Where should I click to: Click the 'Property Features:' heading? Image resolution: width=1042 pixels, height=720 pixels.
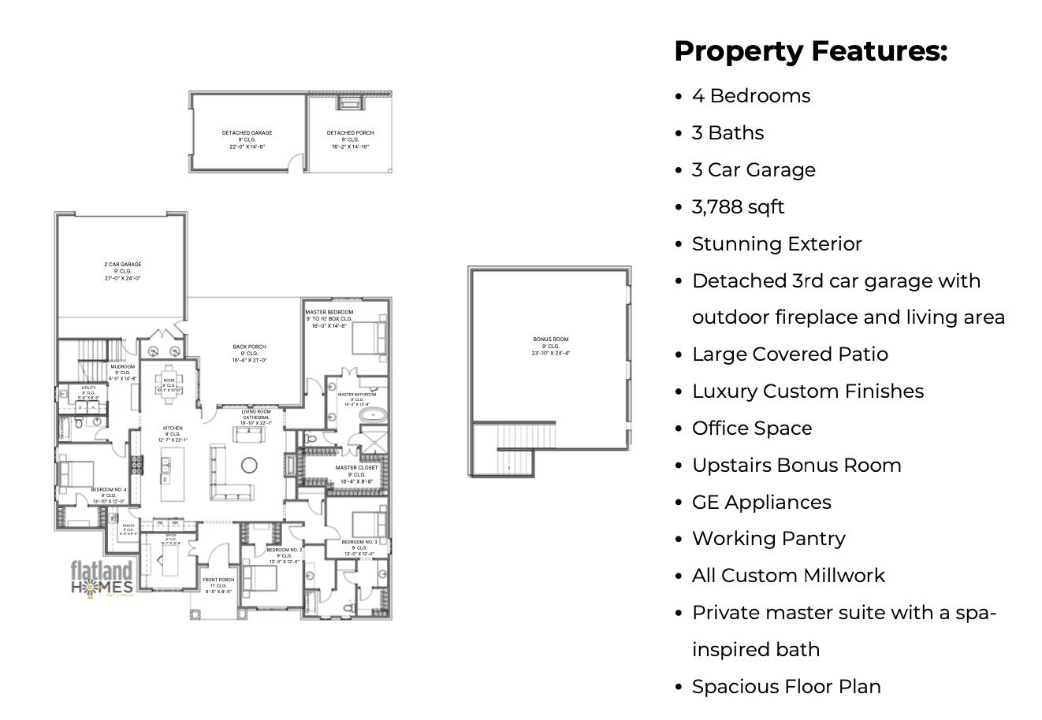point(810,51)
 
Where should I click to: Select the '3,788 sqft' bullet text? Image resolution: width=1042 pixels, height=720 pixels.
point(738,207)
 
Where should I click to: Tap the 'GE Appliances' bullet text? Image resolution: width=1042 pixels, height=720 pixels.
point(761,503)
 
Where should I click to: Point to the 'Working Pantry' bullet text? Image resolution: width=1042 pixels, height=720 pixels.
point(768,539)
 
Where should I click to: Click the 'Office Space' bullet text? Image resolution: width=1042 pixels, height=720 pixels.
point(751,429)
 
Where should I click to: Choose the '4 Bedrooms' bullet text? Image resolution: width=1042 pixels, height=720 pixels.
point(750,96)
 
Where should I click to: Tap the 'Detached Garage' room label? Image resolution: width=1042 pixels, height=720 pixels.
point(247,133)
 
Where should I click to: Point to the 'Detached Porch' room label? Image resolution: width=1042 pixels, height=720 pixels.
point(350,133)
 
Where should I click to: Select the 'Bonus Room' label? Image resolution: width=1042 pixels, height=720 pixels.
point(550,340)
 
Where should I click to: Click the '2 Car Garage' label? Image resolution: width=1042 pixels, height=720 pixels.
point(122,265)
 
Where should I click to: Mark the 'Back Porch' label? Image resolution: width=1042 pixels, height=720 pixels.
point(249,347)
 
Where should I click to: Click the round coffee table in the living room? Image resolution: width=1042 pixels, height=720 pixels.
point(250,465)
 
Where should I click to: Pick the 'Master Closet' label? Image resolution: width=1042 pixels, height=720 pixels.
point(356,468)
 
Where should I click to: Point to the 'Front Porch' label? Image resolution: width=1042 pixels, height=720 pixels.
point(218,580)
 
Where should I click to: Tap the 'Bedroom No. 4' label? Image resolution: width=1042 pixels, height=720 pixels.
point(108,490)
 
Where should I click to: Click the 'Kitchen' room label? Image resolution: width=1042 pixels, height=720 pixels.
point(173,429)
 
